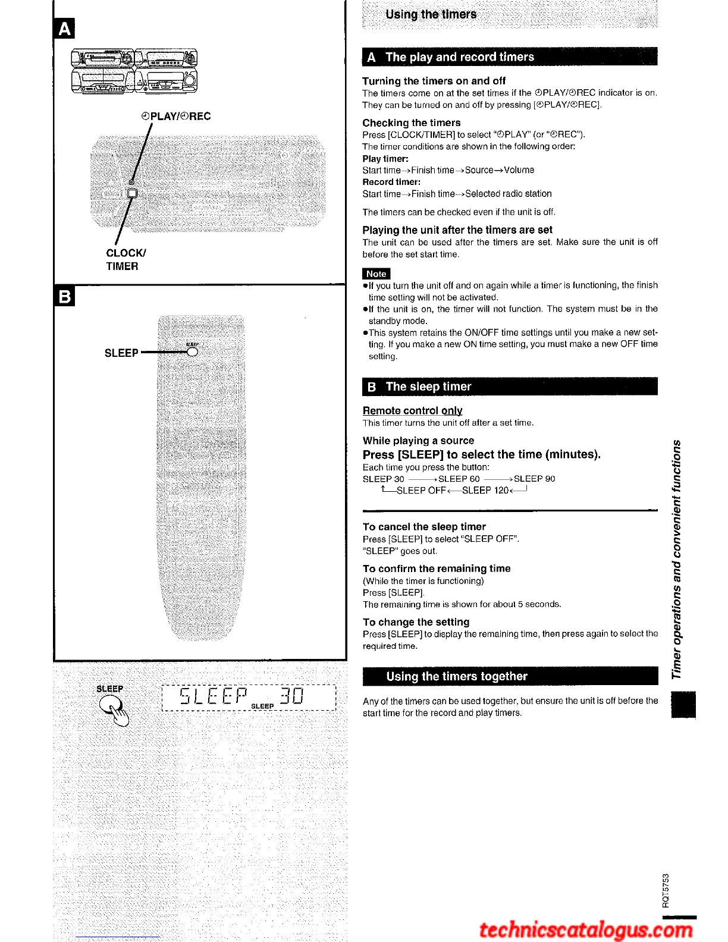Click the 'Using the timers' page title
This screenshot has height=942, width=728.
point(431,14)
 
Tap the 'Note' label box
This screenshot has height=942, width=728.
point(376,274)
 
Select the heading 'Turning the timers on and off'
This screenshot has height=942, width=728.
point(434,81)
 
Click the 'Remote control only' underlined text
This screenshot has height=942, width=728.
point(412,410)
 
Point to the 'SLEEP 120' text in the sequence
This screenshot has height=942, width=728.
point(485,491)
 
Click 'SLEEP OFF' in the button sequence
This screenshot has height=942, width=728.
point(421,491)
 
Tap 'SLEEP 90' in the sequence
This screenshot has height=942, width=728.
point(534,479)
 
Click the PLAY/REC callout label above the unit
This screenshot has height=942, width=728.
point(176,116)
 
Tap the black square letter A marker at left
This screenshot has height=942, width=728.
point(64,28)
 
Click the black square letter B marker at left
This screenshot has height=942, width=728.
point(64,296)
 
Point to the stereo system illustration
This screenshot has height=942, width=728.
point(134,71)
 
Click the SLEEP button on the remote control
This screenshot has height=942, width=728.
point(192,351)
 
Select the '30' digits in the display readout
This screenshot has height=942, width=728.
point(292,695)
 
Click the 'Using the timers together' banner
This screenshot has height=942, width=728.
point(456,676)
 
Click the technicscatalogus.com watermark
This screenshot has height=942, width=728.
point(586,929)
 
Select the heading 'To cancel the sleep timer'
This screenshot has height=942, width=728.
point(424,527)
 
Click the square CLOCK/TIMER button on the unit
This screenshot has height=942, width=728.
point(132,193)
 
